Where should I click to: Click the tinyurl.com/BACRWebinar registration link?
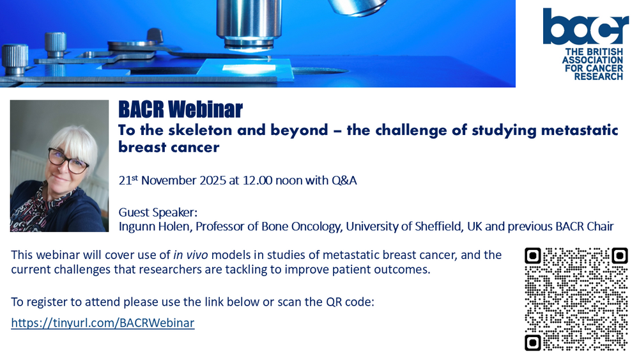(103, 323)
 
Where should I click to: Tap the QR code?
(576, 299)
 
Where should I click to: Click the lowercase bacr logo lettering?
(585, 26)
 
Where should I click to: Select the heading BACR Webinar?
(181, 109)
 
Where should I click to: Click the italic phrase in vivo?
(190, 254)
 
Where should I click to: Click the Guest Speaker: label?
(158, 212)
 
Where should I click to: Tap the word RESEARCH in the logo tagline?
(599, 77)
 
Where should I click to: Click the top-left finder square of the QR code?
(533, 256)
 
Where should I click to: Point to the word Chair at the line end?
(600, 226)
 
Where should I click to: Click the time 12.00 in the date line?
(258, 180)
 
